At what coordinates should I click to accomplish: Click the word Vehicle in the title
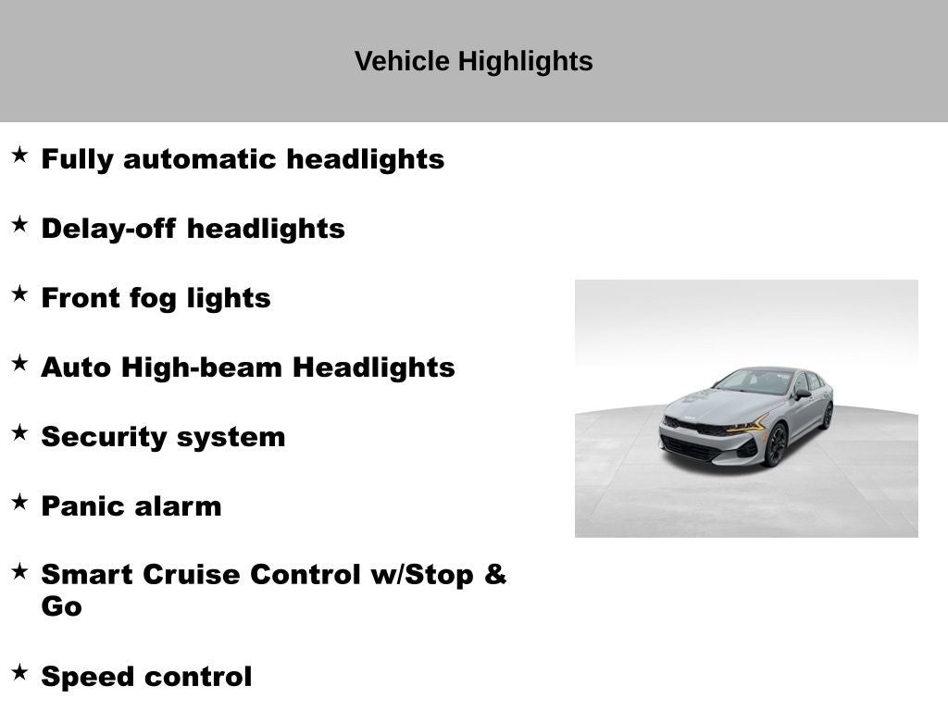pos(402,61)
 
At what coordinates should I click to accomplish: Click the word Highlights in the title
pos(525,62)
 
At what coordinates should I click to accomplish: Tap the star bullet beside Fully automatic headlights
pos(20,155)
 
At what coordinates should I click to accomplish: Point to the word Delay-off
pos(109,230)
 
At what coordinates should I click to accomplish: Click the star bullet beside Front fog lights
pos(20,293)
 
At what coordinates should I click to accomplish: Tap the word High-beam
pos(202,368)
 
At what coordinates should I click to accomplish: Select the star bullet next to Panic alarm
pos(20,502)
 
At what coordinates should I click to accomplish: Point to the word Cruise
pos(192,574)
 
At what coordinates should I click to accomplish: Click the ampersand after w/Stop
pos(495,574)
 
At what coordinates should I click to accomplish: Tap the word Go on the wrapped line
pos(62,606)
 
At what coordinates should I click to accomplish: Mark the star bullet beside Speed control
pos(20,672)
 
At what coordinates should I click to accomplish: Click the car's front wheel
pos(777,445)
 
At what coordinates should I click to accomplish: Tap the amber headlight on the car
pos(747,424)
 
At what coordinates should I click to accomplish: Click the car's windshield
pos(754,381)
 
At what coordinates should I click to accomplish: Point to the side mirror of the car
pos(803,393)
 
